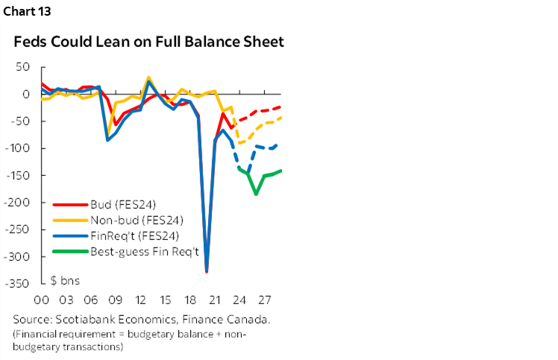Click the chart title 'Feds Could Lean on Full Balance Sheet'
click(x=149, y=42)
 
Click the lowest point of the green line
click(x=256, y=195)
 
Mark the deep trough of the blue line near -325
click(x=207, y=271)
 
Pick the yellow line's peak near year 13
click(x=148, y=77)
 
